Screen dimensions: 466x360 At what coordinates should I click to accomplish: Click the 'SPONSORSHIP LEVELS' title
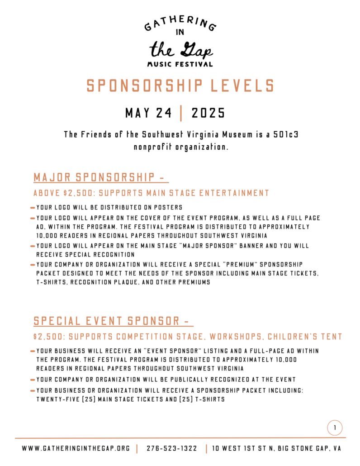tap(180, 86)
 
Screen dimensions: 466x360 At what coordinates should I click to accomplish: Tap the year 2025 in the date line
tap(208, 114)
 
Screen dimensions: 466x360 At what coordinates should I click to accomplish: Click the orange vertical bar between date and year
tap(181, 114)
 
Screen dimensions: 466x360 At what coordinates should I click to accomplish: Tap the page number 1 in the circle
tap(335, 428)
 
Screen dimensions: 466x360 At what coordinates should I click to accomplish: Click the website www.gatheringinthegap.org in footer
tap(76, 449)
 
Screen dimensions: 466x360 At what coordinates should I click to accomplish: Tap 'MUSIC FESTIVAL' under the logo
tap(180, 64)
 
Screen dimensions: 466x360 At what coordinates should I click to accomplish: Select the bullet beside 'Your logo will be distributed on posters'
tap(33, 208)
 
